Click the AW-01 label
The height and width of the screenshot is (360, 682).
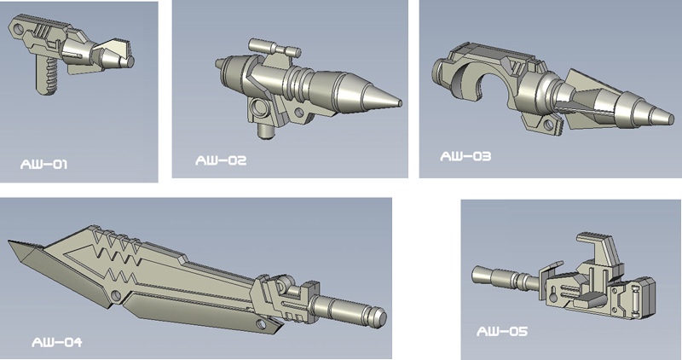(44, 165)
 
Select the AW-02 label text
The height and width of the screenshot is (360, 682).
(221, 160)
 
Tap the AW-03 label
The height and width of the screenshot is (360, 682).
(465, 156)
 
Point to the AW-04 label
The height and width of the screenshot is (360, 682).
(57, 342)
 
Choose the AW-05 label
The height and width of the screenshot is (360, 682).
(502, 331)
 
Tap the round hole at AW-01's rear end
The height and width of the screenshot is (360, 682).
(18, 29)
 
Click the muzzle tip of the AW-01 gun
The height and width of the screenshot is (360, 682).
(130, 61)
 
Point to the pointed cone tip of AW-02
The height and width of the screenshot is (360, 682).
(399, 103)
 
